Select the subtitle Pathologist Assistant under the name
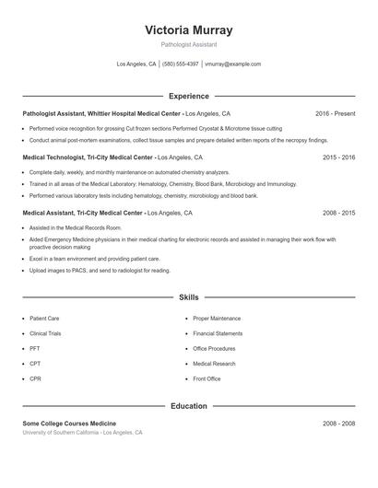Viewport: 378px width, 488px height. [188, 44]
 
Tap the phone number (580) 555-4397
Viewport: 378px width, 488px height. [181, 64]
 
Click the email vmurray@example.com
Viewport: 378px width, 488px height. [232, 64]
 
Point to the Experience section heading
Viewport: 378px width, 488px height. [188, 96]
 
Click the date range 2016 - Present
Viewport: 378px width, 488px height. [335, 113]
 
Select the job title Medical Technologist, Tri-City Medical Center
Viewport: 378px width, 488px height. [87, 157]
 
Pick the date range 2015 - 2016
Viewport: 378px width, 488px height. [338, 157]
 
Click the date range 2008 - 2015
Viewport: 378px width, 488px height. [338, 213]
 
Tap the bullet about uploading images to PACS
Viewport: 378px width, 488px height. [100, 271]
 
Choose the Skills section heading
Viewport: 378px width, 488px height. [188, 298]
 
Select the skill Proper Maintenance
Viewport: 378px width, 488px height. [217, 319]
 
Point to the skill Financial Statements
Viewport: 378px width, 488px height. [218, 333]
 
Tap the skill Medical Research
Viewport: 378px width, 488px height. [214, 364]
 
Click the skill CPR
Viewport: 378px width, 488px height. [36, 378]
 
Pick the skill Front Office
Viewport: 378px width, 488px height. [207, 378]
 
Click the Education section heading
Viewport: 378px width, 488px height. [188, 406]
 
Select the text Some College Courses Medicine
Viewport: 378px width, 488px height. [69, 424]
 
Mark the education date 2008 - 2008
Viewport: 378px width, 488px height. [338, 424]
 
